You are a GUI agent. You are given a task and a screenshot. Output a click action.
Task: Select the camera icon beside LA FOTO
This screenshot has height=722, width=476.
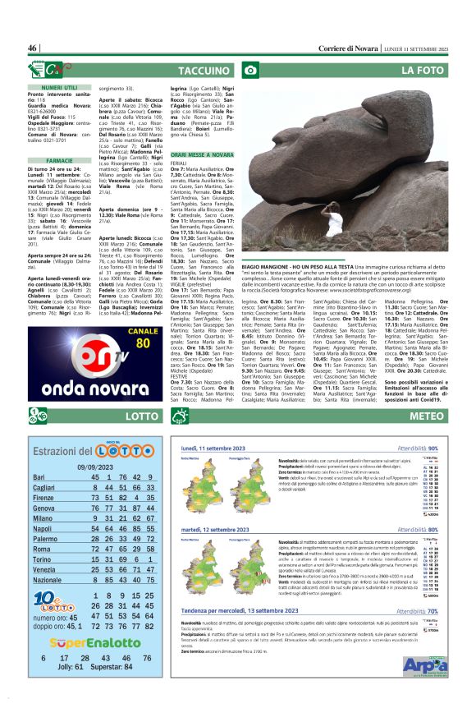point(252,71)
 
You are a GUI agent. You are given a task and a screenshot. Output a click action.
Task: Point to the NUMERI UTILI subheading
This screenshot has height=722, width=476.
point(60,87)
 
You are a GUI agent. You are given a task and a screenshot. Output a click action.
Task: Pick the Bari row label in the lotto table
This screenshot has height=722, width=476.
point(39,477)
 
